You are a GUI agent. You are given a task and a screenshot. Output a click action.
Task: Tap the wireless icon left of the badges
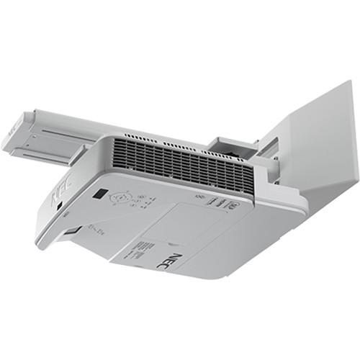coord(198,195)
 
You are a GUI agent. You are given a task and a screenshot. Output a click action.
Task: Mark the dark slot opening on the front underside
coord(73,232)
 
